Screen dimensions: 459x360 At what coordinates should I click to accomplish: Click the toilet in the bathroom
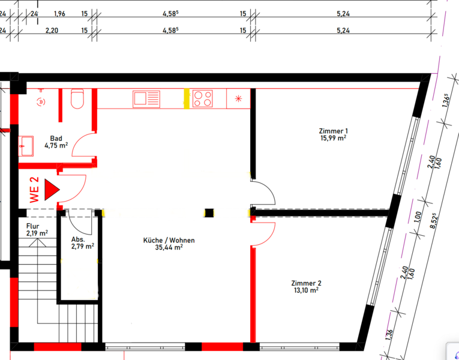point(77,98)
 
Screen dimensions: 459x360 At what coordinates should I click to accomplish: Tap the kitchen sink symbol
point(146,99)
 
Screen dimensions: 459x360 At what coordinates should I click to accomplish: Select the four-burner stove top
point(203,98)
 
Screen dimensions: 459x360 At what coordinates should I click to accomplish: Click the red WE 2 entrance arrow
point(52,190)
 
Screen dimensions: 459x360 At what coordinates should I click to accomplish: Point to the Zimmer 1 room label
point(334,131)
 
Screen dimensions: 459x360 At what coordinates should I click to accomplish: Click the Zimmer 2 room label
point(306,283)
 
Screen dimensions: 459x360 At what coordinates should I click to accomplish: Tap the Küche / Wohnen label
point(169,240)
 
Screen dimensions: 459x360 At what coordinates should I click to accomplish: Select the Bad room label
point(56,138)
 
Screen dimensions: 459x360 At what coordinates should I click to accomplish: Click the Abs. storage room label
point(78,239)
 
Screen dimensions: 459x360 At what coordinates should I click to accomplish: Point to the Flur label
point(33,226)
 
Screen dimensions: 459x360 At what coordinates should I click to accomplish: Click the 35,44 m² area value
point(169,248)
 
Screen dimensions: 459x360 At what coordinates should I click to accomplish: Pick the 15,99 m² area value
point(334,138)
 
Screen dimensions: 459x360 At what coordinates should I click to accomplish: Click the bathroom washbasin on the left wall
point(26,146)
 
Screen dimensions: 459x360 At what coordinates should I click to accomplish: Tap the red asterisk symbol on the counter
point(239,98)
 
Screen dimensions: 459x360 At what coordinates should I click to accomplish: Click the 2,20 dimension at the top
point(52,31)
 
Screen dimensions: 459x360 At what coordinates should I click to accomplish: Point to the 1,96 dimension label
point(60,14)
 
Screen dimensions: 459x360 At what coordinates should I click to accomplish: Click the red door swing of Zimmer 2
point(263,234)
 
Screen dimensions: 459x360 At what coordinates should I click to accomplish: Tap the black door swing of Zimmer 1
point(263,193)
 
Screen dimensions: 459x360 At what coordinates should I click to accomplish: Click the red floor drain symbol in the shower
point(41,102)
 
